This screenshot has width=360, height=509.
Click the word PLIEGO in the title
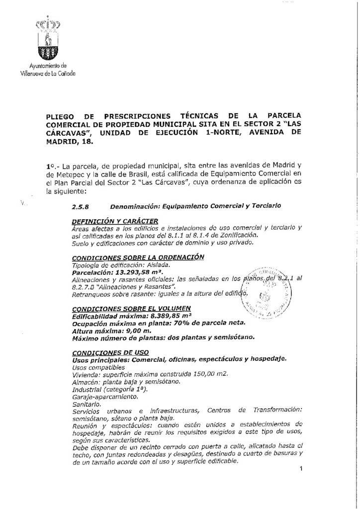coord(59,116)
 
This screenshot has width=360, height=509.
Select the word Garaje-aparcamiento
coord(103,397)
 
